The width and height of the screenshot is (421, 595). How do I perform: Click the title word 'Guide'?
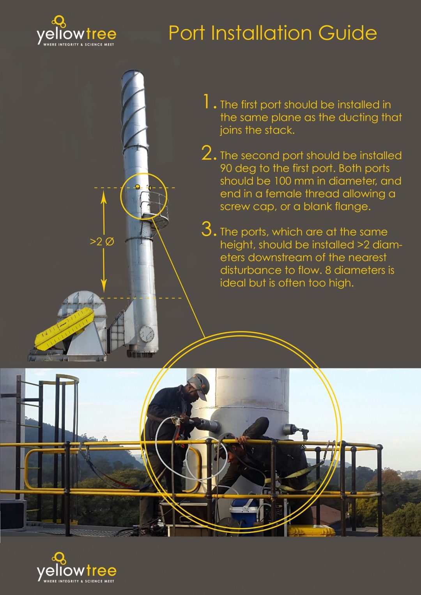tap(347, 33)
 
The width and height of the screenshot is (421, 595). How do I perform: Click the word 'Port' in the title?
tap(187, 33)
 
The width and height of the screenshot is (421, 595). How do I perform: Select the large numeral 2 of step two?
tap(208, 153)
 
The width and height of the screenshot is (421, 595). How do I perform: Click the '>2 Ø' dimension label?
tap(102, 242)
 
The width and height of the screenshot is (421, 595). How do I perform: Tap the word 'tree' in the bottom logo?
tap(101, 571)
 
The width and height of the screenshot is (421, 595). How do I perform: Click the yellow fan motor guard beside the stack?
tap(64, 327)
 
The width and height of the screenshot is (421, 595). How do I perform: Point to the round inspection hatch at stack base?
tap(147, 334)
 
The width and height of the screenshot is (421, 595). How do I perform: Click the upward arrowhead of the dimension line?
tap(104, 197)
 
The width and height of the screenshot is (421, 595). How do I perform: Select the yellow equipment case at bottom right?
tap(311, 530)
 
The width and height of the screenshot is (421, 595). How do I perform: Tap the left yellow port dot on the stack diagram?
tap(137, 187)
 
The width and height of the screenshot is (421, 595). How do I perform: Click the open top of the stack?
tap(133, 72)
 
